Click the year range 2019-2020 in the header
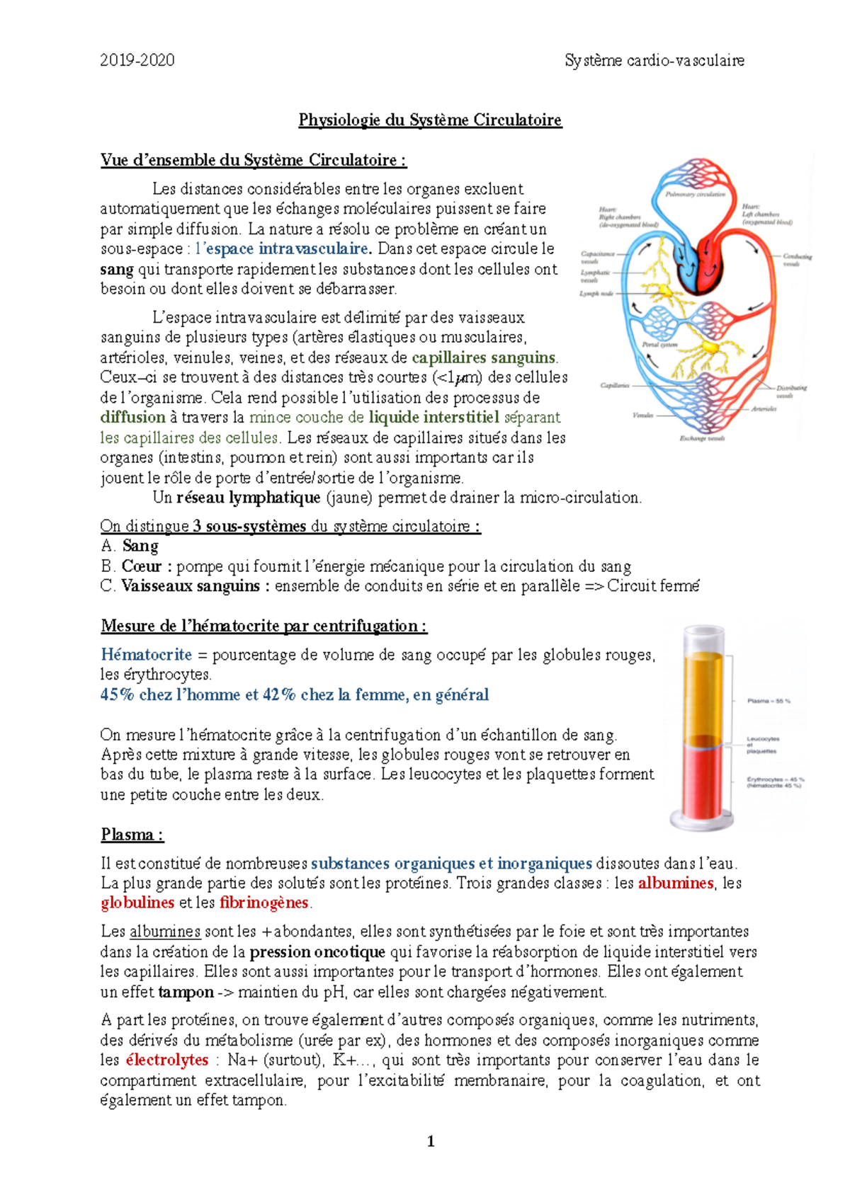point(137,60)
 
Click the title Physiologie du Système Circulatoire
point(430,120)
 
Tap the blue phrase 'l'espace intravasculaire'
point(282,248)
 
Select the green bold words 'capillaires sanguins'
point(484,357)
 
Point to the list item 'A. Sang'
point(130,546)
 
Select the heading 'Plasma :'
point(132,835)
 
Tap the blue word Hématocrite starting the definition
point(146,654)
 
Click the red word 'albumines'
point(675,883)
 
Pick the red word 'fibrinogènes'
point(264,903)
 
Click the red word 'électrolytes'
point(166,1060)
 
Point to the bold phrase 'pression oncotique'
point(317,951)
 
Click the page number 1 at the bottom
point(431,1141)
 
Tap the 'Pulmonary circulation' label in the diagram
point(694,194)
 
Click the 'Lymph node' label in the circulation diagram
point(596,293)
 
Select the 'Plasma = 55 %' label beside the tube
point(769,701)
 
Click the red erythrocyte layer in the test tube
point(703,779)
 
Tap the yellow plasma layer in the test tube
point(703,694)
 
